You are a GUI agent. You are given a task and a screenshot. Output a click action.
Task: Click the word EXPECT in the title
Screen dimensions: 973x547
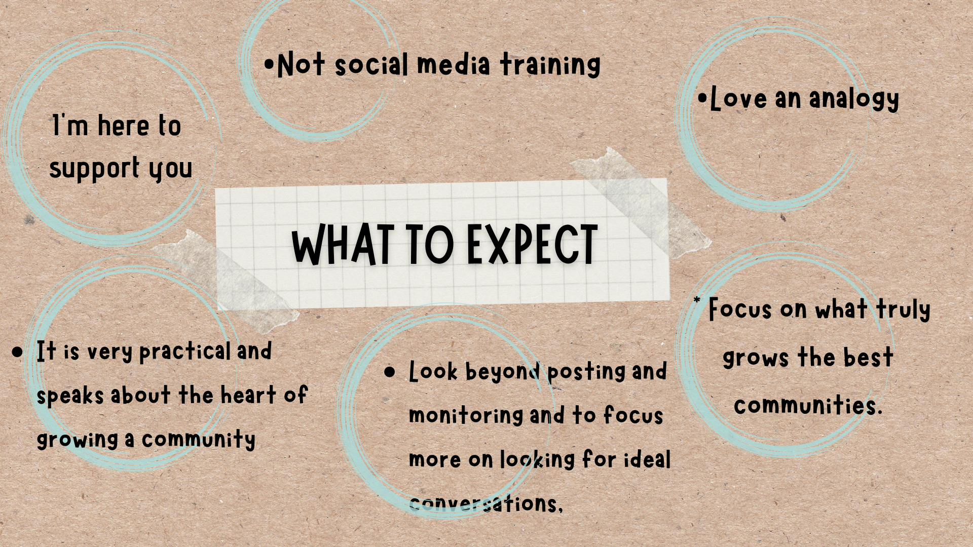pos(532,245)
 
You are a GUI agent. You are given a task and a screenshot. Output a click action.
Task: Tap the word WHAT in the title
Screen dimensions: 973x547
pos(343,245)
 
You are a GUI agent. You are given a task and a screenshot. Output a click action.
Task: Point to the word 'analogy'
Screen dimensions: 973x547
pos(854,99)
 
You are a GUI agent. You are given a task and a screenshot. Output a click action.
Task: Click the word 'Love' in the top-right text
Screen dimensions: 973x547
pos(738,98)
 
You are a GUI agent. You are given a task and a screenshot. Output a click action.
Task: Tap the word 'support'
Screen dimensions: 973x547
pos(94,169)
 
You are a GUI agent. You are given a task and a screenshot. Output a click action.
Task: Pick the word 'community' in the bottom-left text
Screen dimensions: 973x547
pos(198,440)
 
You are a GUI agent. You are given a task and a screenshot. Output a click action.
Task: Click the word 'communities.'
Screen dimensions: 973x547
pos(808,405)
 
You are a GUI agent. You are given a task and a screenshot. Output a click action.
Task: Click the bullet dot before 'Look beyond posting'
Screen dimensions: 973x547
pos(390,373)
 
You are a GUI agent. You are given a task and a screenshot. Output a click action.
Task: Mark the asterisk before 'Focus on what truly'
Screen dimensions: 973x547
pos(697,300)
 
